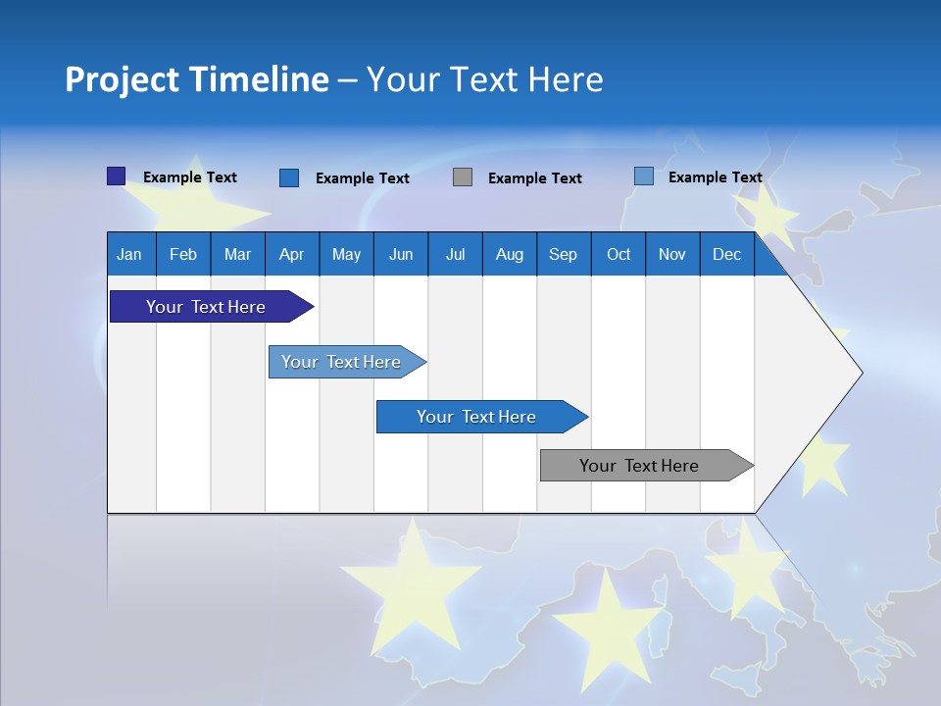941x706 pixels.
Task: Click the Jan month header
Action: click(x=129, y=255)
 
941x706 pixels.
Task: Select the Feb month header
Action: click(x=183, y=255)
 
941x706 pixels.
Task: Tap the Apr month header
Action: click(x=291, y=255)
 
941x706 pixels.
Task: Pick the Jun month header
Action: click(x=401, y=255)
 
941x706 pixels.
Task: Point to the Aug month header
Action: click(x=509, y=255)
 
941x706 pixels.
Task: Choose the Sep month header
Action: click(x=563, y=255)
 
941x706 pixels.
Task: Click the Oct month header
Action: click(x=619, y=255)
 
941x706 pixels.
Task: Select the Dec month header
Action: click(x=726, y=255)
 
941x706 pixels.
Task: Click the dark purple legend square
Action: click(x=116, y=176)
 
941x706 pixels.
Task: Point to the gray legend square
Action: click(x=463, y=177)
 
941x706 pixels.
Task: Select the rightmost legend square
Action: click(x=643, y=176)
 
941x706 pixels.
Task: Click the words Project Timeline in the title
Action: click(x=196, y=79)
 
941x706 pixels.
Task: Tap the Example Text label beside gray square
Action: click(x=534, y=178)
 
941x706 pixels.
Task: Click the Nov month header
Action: click(x=672, y=255)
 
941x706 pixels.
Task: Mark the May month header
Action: click(x=346, y=255)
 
